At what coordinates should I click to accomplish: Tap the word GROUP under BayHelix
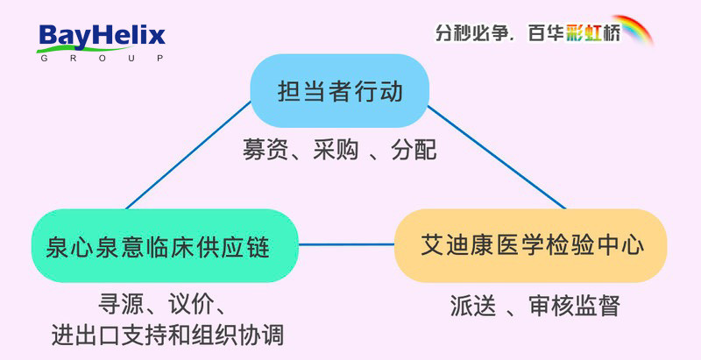point(101,58)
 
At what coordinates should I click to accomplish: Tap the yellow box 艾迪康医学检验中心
point(530,245)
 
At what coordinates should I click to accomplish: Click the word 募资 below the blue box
point(262,151)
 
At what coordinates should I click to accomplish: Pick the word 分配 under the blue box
point(412,151)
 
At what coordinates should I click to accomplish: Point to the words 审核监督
point(574,306)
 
